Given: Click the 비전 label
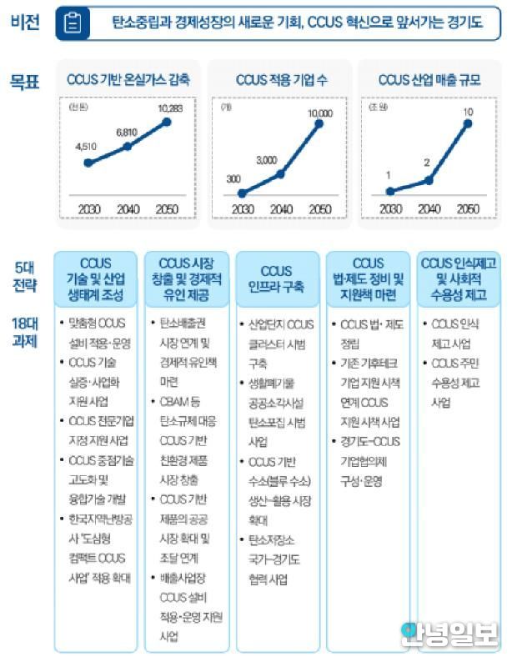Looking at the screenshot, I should click(25, 23).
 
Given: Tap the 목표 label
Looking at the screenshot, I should click(25, 81).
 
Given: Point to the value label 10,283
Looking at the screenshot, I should click(166, 109).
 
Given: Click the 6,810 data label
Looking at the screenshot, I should click(127, 133).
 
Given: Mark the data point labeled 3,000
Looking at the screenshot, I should click(281, 173).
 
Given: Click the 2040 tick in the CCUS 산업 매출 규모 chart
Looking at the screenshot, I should click(428, 208).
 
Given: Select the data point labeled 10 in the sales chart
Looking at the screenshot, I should click(469, 123).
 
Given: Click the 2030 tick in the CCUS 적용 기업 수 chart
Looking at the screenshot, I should click(242, 208).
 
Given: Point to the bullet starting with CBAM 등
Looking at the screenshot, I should click(185, 430).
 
